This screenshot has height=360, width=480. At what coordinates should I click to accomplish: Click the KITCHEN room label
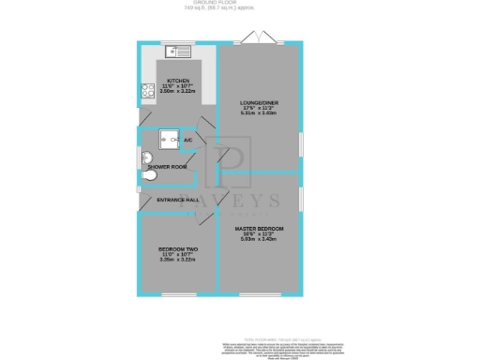(x=178, y=81)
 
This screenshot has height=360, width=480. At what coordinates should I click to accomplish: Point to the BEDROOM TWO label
(x=177, y=249)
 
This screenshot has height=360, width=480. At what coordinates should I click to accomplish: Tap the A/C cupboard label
(x=188, y=140)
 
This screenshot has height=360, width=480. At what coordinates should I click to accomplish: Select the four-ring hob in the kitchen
(x=147, y=92)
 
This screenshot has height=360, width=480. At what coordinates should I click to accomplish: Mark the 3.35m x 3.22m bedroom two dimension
(x=177, y=261)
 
